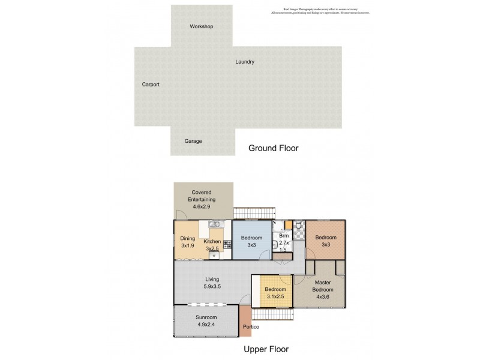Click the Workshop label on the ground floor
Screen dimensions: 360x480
pyautogui.click(x=202, y=26)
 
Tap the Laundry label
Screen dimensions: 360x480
pyautogui.click(x=245, y=62)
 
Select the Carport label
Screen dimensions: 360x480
pyautogui.click(x=151, y=85)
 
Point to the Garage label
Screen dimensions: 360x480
pyautogui.click(x=193, y=141)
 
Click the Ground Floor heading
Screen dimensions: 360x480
pyautogui.click(x=274, y=148)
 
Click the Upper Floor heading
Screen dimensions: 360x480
pyautogui.click(x=265, y=349)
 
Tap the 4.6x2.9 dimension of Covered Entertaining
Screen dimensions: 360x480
pyautogui.click(x=204, y=207)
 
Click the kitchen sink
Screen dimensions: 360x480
pyautogui.click(x=216, y=224)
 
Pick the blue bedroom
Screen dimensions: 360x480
pyautogui.click(x=252, y=241)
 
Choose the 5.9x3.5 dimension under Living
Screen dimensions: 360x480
pyautogui.click(x=212, y=287)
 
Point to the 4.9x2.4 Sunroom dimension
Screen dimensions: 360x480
pyautogui.click(x=206, y=325)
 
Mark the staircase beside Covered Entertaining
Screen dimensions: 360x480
pyautogui.click(x=252, y=214)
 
